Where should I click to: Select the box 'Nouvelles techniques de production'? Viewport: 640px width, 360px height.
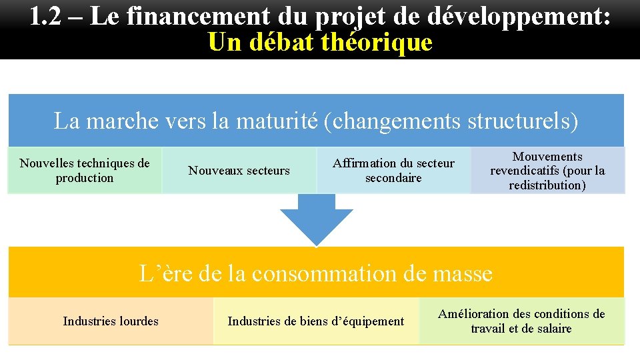coord(85,171)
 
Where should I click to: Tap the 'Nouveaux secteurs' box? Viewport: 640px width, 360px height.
coord(239,171)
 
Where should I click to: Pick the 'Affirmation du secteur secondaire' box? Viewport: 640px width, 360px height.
coord(393,171)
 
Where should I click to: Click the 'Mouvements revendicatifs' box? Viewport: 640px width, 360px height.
coord(547,171)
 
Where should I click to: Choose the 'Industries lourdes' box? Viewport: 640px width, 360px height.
coord(111,321)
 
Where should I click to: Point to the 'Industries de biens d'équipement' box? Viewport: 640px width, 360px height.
coord(316,321)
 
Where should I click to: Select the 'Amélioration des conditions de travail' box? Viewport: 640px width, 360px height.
coord(521,321)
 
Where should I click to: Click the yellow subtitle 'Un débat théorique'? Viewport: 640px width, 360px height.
coord(320,43)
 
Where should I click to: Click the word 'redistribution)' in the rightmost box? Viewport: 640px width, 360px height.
coord(547,185)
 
